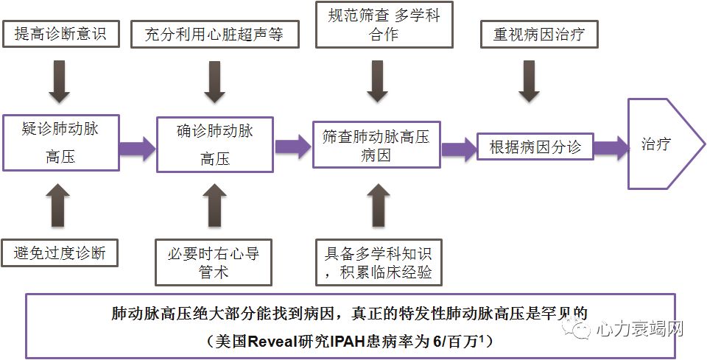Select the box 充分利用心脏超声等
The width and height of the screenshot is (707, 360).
[x=214, y=35]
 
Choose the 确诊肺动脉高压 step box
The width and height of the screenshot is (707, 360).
[x=214, y=144]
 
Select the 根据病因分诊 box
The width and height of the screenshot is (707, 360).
[x=535, y=147]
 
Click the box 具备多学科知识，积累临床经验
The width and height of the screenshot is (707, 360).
[x=378, y=264]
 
